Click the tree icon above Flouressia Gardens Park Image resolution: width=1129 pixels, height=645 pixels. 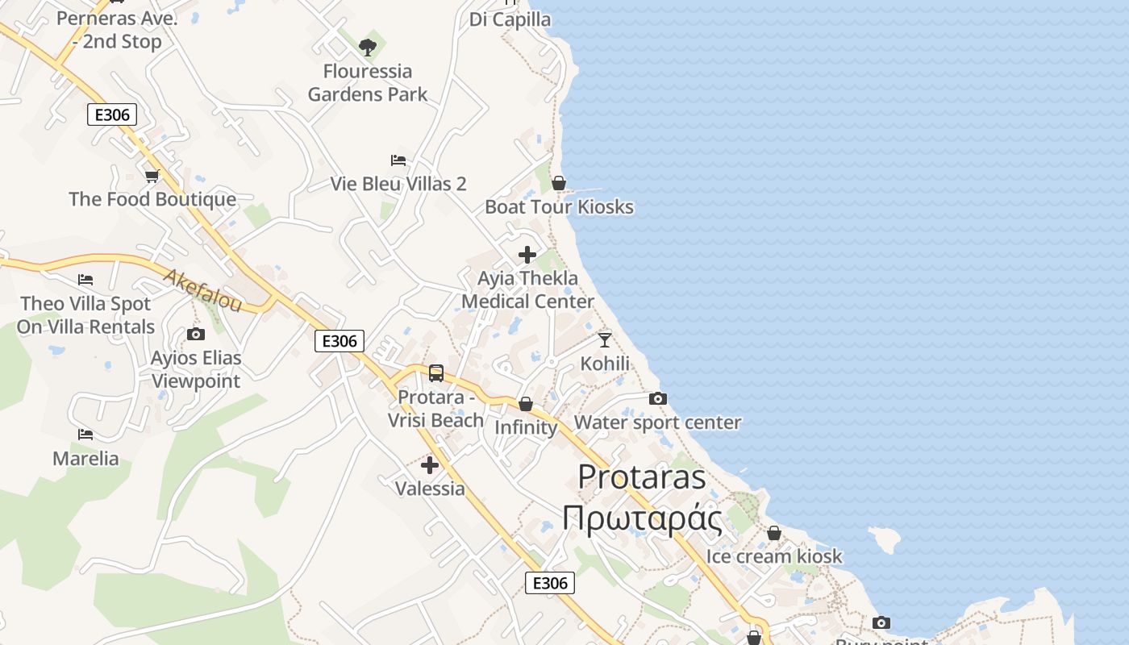368,48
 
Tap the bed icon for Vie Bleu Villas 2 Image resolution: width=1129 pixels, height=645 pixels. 398,160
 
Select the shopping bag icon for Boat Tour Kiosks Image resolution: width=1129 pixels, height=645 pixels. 558,184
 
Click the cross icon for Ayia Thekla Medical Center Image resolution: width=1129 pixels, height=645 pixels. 527,255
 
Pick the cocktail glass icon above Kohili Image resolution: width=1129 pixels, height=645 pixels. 605,339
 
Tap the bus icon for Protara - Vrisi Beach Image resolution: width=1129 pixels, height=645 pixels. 436,373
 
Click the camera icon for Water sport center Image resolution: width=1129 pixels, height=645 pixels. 658,398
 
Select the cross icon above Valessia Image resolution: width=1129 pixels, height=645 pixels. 430,465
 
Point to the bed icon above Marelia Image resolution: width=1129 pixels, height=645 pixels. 85,435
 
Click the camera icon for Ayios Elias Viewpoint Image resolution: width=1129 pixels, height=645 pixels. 195,334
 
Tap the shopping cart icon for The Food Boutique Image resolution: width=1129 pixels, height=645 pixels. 152,176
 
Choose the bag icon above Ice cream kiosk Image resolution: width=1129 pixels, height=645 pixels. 774,533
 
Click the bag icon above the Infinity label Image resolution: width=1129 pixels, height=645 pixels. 526,404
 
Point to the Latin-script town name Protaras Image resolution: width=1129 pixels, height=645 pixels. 642,476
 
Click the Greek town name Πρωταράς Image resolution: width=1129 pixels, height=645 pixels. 642,518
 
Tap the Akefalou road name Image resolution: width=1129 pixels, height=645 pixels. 202,290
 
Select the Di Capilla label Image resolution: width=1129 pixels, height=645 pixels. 510,19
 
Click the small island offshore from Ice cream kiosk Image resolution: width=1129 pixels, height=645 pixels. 885,539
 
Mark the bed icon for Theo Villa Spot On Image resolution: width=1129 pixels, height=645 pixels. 85,280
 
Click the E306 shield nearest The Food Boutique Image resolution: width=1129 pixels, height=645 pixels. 112,114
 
